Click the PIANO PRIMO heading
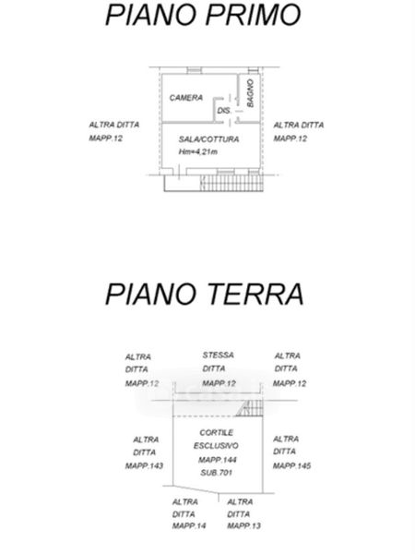tap(203, 15)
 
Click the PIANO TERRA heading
tap(205, 294)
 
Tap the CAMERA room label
tap(186, 98)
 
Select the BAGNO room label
tap(250, 93)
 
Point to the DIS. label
tap(224, 111)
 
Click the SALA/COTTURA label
tap(209, 139)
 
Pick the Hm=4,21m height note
tap(197, 152)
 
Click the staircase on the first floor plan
tap(231, 183)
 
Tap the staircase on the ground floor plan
tap(250, 408)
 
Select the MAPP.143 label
tap(144, 466)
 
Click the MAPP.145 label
tap(291, 466)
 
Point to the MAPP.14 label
tap(189, 526)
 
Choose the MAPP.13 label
tap(243, 526)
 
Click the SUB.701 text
tap(217, 473)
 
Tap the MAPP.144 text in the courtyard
tap(217, 460)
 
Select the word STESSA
tap(218, 355)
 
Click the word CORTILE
tap(217, 433)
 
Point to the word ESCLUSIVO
tap(216, 446)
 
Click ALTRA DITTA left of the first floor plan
tap(114, 125)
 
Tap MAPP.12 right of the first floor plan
tap(290, 138)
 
